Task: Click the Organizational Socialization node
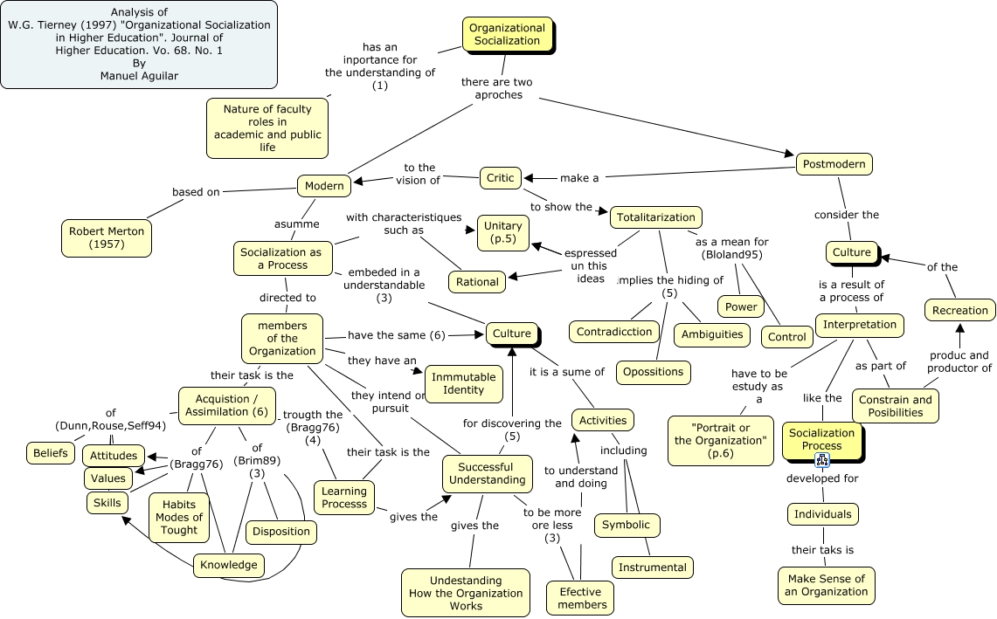click(507, 34)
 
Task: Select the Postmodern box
click(834, 164)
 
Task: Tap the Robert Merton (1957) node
click(107, 237)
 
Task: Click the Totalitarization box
click(655, 217)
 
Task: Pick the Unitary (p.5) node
click(502, 232)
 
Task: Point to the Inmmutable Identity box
click(463, 383)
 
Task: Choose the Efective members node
click(582, 598)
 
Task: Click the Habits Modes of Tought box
click(179, 517)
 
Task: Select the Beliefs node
click(51, 453)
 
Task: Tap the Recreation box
click(959, 310)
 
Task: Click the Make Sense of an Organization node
click(825, 585)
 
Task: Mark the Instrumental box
click(652, 567)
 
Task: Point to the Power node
click(741, 306)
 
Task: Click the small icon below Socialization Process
click(822, 461)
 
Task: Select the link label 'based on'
click(196, 192)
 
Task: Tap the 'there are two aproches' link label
click(497, 88)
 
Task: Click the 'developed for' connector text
click(821, 478)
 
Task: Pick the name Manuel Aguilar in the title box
click(139, 76)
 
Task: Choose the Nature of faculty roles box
click(267, 127)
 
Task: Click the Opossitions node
click(653, 371)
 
